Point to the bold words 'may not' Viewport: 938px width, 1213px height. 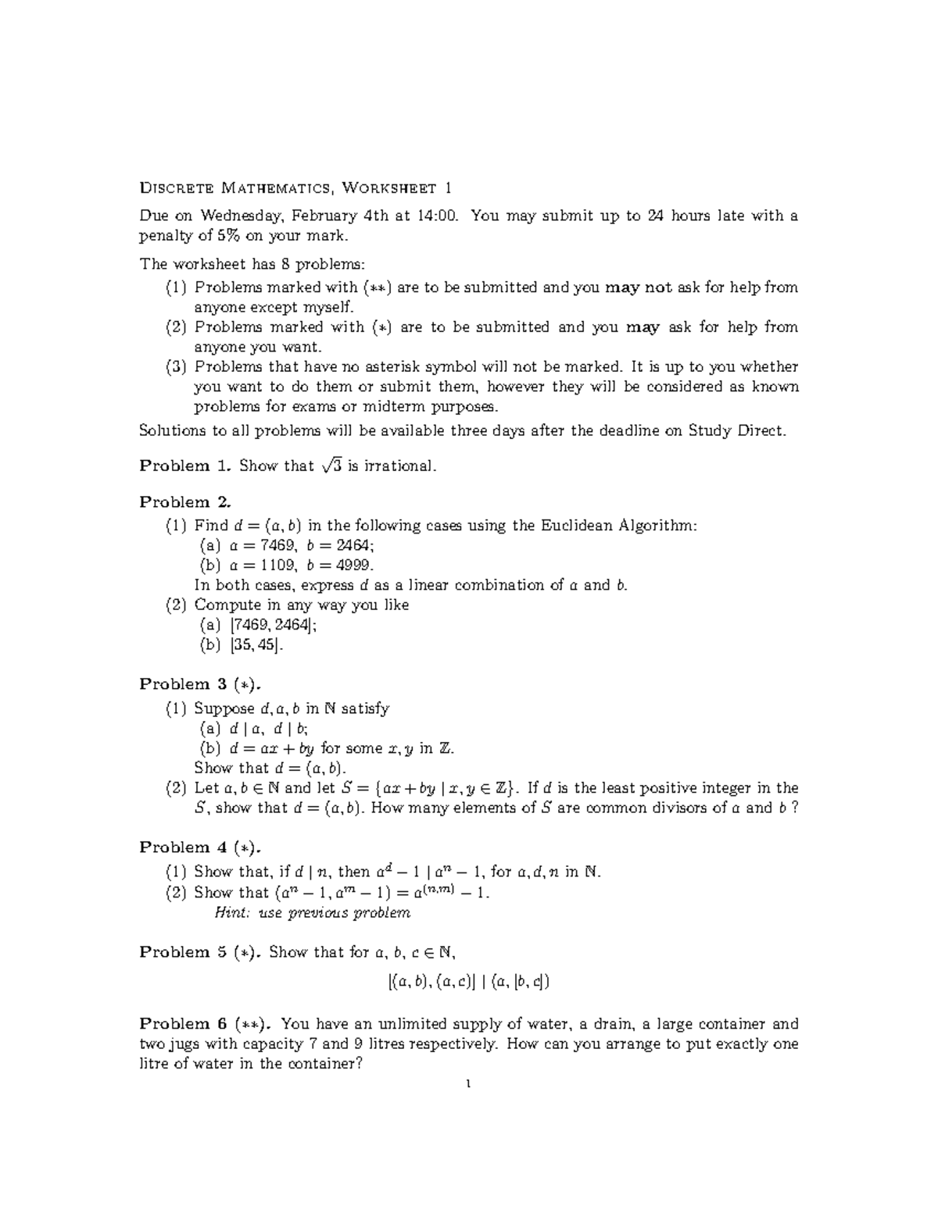[x=638, y=287]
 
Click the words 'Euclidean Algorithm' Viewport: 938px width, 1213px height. [x=618, y=526]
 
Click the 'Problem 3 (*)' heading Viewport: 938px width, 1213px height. [x=206, y=684]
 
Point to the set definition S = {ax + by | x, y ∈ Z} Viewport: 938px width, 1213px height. [x=428, y=788]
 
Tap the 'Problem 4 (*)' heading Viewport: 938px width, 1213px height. [x=206, y=847]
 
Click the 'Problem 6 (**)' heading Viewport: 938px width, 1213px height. [x=206, y=1024]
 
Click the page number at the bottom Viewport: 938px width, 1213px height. [x=468, y=1084]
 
